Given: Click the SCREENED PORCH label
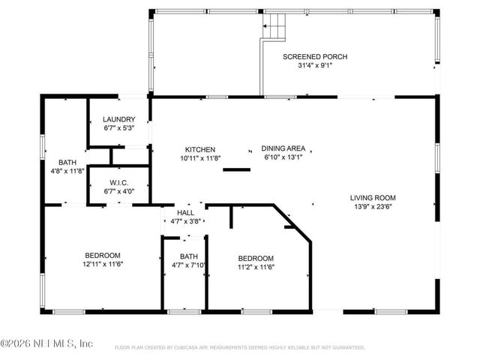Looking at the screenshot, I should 314,57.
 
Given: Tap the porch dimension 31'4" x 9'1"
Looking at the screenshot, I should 314,65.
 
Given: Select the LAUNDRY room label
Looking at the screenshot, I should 118,119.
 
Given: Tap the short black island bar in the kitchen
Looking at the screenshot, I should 236,169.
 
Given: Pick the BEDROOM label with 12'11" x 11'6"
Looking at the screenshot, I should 103,255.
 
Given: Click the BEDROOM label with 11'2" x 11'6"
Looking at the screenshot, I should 256,258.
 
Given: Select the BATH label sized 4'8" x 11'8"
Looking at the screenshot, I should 66,162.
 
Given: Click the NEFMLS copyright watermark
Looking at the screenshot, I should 46,343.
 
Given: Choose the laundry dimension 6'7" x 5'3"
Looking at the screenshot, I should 118,128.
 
